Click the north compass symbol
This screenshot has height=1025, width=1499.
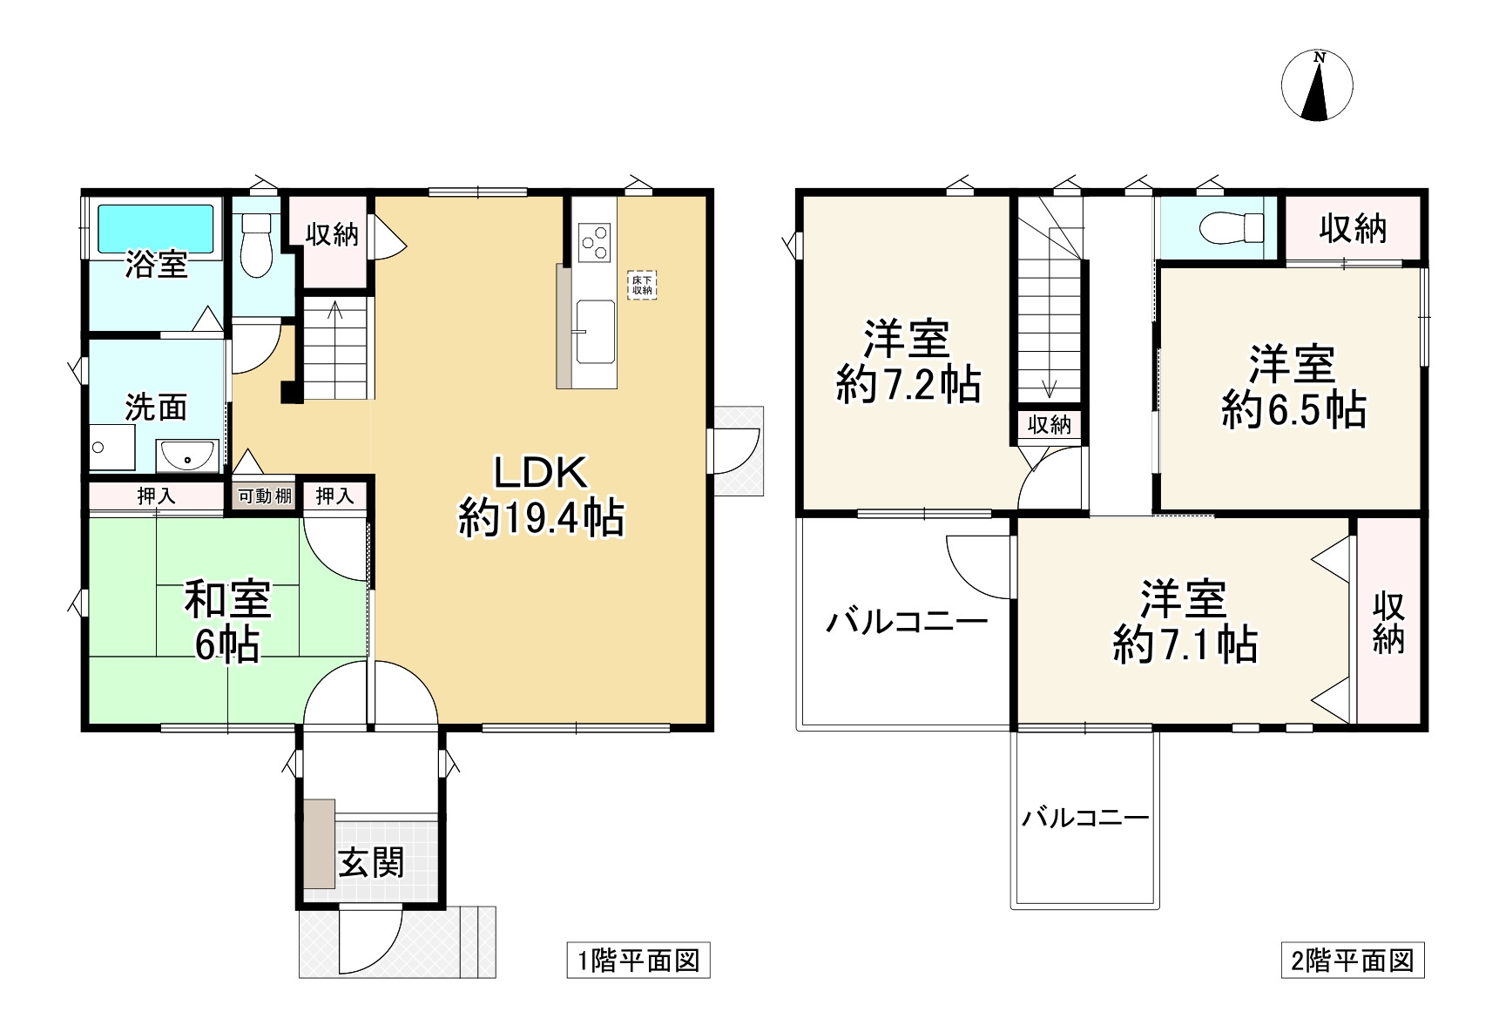[x=1317, y=86]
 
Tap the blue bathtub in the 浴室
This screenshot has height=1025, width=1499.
[x=155, y=228]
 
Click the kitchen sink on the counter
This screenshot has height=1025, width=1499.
[x=594, y=330]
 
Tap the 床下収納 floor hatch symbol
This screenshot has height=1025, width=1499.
[x=642, y=285]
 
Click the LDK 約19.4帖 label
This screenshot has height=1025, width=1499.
[x=541, y=496]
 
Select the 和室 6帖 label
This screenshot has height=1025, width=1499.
[x=227, y=622]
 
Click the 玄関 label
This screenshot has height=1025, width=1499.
[x=372, y=862]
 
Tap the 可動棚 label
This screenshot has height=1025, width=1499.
[x=265, y=496]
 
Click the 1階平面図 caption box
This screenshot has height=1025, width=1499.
[x=638, y=961]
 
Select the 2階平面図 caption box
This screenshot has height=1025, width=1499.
[x=1352, y=961]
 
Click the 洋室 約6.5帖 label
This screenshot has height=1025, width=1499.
[x=1293, y=387]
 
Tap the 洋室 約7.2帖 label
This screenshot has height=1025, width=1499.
[x=908, y=361]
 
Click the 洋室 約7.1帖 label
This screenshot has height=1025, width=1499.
[x=1185, y=622]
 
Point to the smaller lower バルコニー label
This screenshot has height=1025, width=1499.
[x=1085, y=818]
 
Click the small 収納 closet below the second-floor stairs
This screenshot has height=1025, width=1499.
[x=1050, y=425]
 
